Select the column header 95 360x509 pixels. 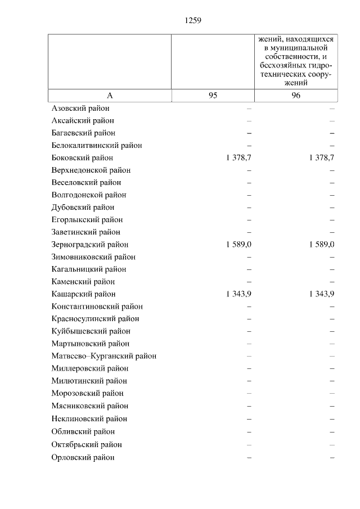point(213,96)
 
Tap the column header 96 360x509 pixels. point(296,96)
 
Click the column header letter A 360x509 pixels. point(110,96)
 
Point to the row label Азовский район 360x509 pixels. point(80,108)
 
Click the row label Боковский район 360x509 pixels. point(82,158)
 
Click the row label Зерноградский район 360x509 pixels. point(89,245)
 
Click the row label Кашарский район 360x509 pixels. point(83,294)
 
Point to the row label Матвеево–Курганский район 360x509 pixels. point(103,356)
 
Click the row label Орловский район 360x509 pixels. point(83,457)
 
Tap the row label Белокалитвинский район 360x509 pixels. point(96,145)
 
